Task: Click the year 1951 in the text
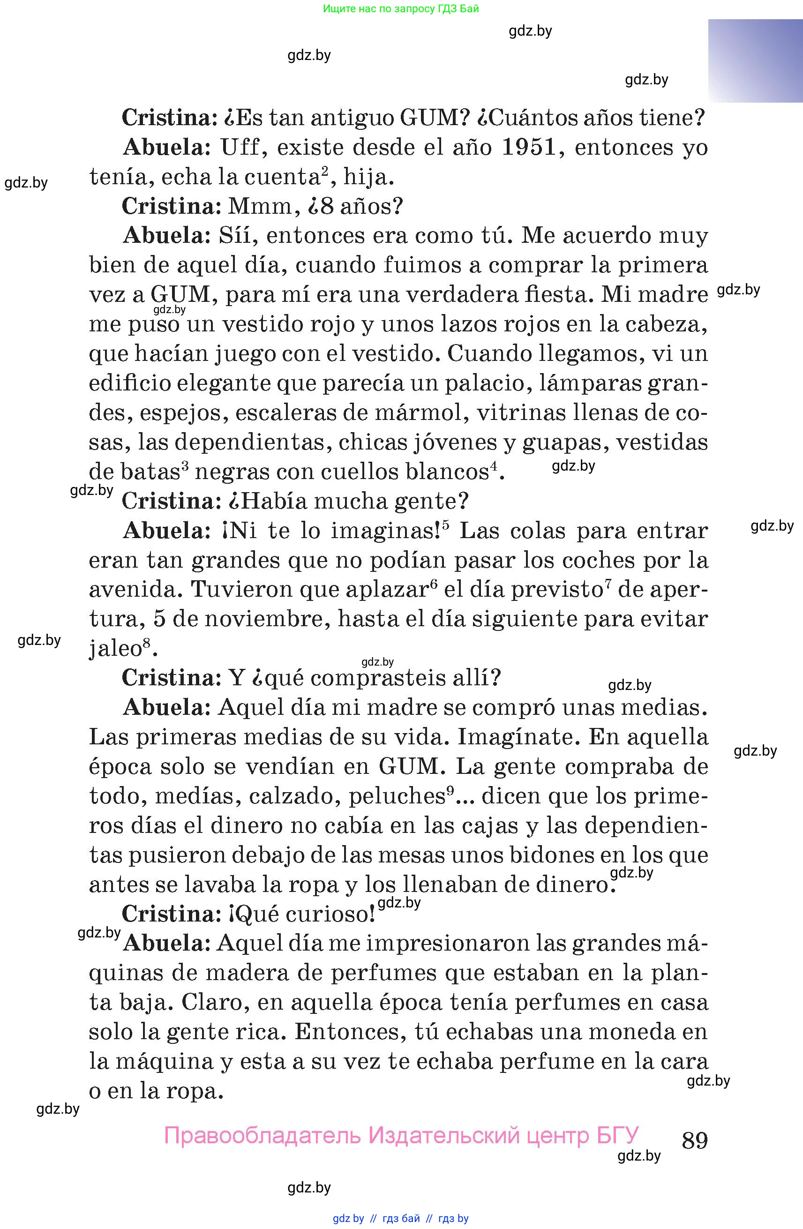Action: click(529, 148)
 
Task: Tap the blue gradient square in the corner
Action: click(755, 61)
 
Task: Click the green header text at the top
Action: click(401, 9)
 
